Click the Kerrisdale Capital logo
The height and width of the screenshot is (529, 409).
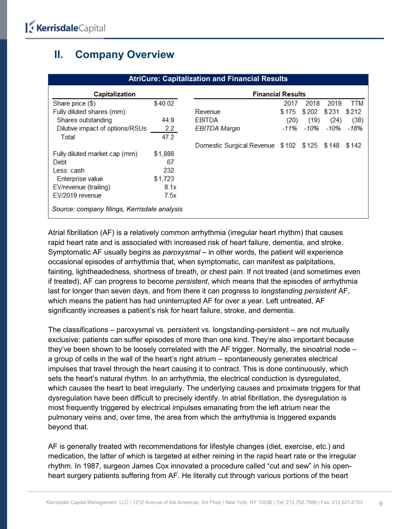(66, 28)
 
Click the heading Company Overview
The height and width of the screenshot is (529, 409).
(124, 55)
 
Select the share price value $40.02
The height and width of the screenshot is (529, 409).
(164, 103)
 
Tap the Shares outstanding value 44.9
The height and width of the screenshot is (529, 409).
(168, 120)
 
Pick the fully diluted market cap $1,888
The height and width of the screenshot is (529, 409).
(164, 154)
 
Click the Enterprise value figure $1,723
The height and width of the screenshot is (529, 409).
(164, 179)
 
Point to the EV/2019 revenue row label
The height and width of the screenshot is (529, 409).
(77, 195)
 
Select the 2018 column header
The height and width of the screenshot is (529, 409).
(312, 103)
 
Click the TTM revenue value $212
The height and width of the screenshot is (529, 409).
(354, 112)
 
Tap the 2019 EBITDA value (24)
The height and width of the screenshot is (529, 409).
(336, 120)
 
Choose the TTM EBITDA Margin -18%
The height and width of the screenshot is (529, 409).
(355, 128)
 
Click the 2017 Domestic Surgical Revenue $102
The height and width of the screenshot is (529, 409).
(288, 145)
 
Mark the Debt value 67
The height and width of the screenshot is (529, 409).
(170, 162)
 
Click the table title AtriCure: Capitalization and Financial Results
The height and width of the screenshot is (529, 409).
(208, 79)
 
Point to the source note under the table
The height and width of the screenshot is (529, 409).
(117, 209)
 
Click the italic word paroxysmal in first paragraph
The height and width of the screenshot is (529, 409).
(181, 252)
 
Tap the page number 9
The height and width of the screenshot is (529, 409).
(381, 503)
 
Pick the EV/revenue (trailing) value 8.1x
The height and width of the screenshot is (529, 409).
(170, 187)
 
